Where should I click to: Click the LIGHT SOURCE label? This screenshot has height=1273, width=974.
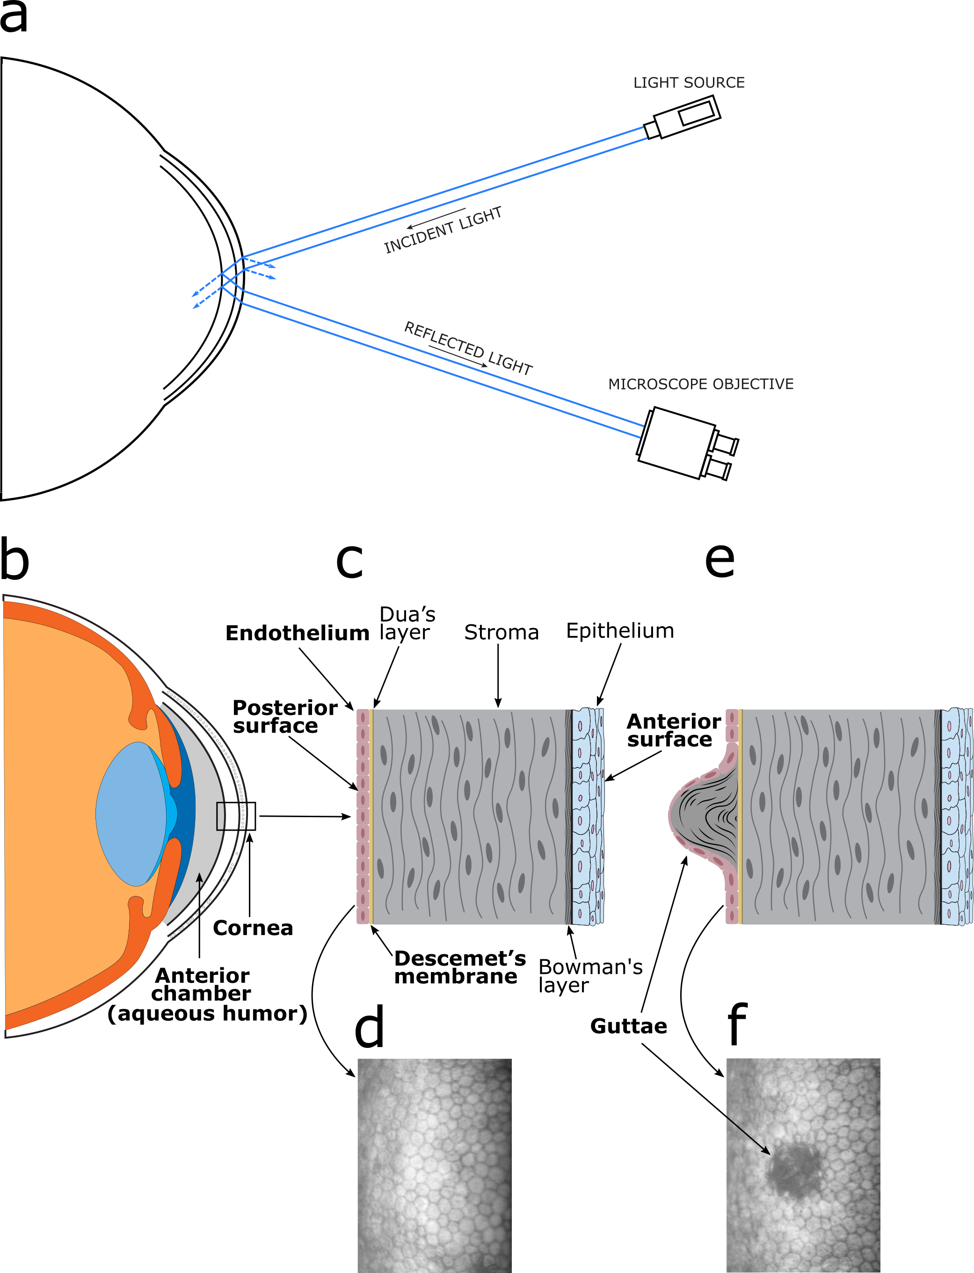pyautogui.click(x=688, y=83)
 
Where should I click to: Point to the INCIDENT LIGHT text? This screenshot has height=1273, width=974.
pyautogui.click(x=443, y=230)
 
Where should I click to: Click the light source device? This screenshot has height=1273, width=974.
pyautogui.click(x=687, y=117)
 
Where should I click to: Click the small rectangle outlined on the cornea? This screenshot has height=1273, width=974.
pyautogui.click(x=231, y=816)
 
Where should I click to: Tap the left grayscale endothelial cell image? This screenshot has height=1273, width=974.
pyautogui.click(x=434, y=1166)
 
